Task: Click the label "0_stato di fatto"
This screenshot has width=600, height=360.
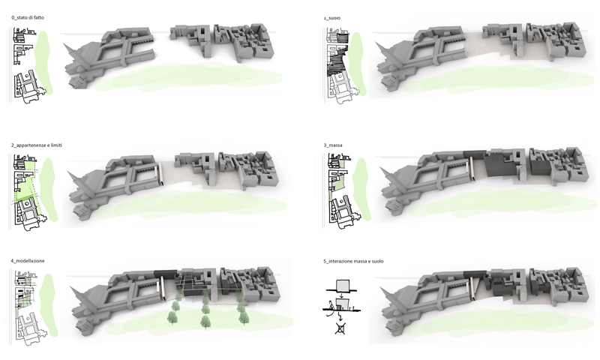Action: pyautogui.click(x=28, y=17)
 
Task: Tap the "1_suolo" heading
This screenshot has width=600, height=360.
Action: pyautogui.click(x=331, y=18)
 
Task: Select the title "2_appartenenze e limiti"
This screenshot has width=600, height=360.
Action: pyautogui.click(x=36, y=145)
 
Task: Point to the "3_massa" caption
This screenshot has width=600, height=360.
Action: pyautogui.click(x=333, y=145)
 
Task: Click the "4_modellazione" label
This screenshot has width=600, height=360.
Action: pyautogui.click(x=28, y=261)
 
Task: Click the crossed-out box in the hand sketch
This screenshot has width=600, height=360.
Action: pyautogui.click(x=340, y=328)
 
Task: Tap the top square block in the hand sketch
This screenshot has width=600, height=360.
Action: pyautogui.click(x=343, y=286)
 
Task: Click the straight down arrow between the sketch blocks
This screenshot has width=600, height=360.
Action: pyautogui.click(x=340, y=295)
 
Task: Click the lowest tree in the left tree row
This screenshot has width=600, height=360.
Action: pyautogui.click(x=172, y=318)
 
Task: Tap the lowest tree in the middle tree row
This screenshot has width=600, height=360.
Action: pyautogui.click(x=205, y=321)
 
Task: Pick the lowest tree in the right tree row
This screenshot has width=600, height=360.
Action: pyautogui.click(x=243, y=317)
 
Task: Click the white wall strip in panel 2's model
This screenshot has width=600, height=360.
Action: pyautogui.click(x=160, y=173)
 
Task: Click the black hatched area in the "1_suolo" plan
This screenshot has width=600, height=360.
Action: pyautogui.click(x=336, y=62)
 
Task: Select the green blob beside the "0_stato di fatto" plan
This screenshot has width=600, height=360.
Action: pyautogui.click(x=43, y=63)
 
